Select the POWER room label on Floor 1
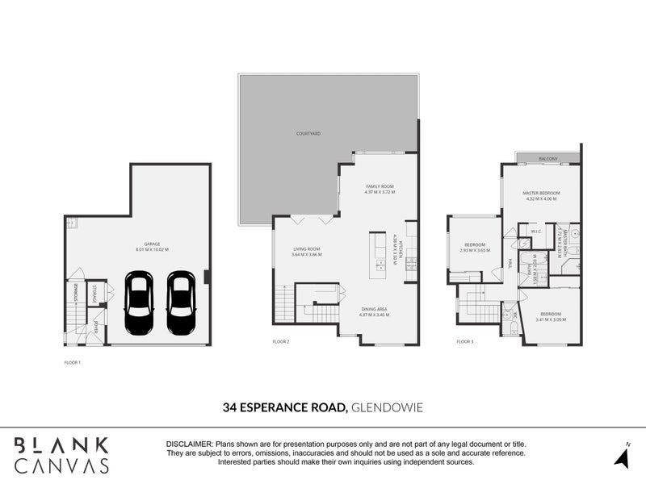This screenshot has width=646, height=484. [95, 328]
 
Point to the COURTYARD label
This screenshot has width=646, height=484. [308, 133]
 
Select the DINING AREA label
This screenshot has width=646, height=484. [375, 308]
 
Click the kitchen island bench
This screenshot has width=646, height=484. [378, 256]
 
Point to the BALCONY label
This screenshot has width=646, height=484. [548, 159]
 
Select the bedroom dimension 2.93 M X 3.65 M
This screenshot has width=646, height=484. [474, 250]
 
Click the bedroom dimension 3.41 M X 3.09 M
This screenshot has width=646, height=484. [550, 319]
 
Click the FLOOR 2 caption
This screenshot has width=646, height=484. [281, 341]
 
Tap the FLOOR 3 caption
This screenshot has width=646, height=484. [464, 341]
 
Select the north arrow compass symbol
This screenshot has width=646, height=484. [622, 456]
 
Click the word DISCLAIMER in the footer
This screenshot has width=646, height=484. [189, 444]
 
